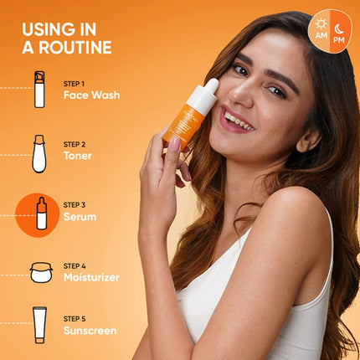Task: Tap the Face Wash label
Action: [x=91, y=95]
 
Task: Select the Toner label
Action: [x=78, y=155]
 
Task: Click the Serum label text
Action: [x=80, y=216]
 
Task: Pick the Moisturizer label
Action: [x=91, y=276]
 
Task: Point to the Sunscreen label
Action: [x=90, y=330]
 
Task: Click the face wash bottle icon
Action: [x=39, y=90]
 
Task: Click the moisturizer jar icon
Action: [x=41, y=272]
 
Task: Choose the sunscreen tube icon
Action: [x=39, y=325]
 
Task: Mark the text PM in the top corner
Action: [x=339, y=39]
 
